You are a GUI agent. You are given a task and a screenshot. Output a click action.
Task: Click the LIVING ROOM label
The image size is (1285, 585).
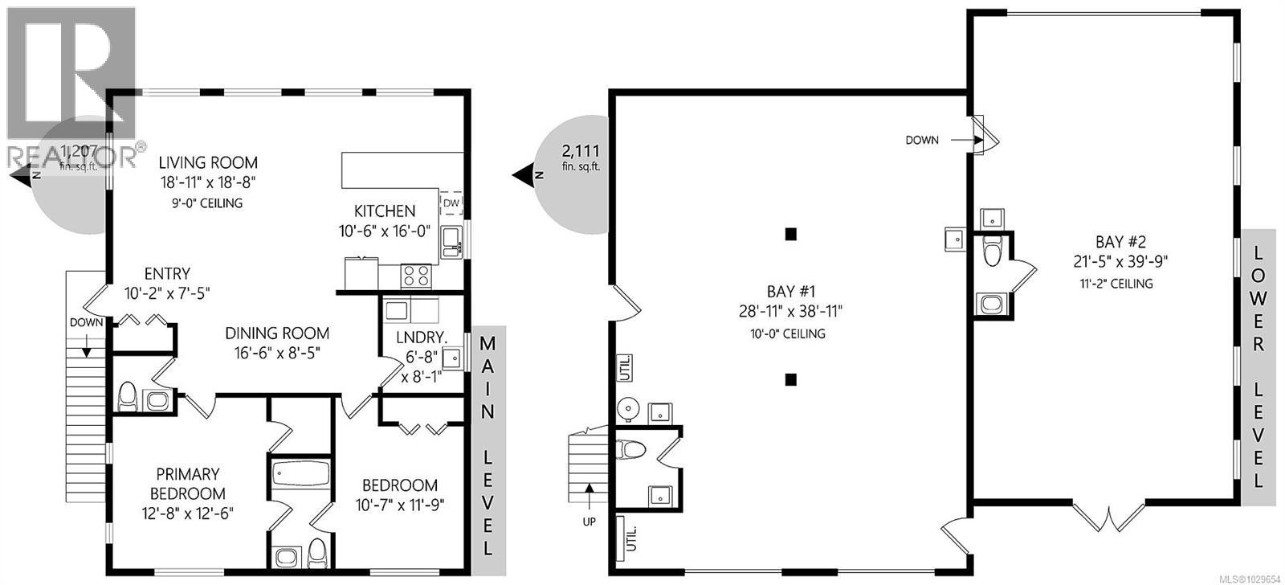208,163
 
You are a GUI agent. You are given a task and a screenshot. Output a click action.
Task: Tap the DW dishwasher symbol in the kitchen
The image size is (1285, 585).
451,203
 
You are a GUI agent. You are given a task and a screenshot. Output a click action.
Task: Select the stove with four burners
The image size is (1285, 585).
416,276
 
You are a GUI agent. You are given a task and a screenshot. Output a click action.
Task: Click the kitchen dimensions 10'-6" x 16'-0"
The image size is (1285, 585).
385,231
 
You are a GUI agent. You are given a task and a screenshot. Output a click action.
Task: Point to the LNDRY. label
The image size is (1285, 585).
415,337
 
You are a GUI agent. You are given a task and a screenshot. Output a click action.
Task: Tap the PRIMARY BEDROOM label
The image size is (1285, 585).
188,484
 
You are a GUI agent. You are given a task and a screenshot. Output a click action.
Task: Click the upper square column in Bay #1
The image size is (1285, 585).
791,235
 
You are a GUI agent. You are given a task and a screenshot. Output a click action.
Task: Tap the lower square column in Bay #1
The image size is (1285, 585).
791,379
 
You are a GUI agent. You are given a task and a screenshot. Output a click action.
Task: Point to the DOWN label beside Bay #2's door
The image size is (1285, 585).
921,140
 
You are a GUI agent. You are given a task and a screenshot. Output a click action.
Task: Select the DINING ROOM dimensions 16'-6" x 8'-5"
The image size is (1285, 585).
277,353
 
